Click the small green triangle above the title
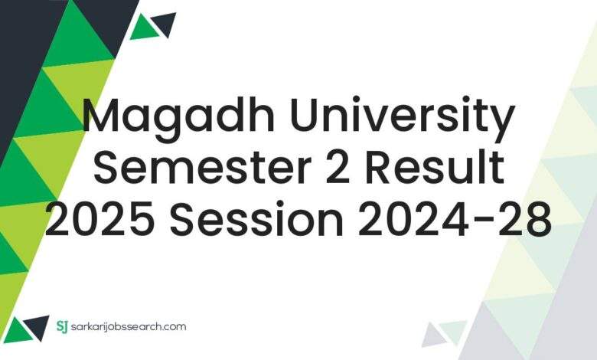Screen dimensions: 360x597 [143, 28]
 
